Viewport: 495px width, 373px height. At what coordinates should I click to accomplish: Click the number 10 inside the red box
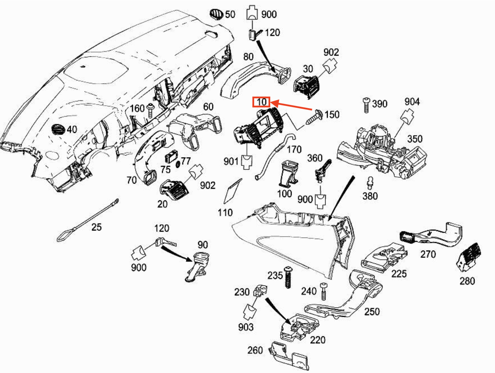tap(262, 102)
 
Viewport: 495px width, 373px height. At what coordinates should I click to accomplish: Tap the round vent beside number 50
tap(216, 14)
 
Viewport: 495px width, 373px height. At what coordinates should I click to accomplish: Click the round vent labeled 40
tap(58, 129)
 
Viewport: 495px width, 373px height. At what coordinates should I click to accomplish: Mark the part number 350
tap(414, 139)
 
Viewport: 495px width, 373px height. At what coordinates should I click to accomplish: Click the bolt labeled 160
tap(151, 111)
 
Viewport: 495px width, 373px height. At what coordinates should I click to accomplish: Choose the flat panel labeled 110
tap(232, 191)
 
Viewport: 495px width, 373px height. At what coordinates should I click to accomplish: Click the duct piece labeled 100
tap(288, 174)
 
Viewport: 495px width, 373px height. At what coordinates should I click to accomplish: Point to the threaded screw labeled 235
tap(288, 277)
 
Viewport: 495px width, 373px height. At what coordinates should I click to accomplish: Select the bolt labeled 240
tap(323, 291)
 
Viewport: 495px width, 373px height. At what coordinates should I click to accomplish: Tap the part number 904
tap(412, 102)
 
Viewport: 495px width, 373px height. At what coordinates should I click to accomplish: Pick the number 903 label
tap(245, 327)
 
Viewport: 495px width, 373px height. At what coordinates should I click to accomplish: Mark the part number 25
tap(96, 227)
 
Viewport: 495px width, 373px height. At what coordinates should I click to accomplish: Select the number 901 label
tap(231, 161)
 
